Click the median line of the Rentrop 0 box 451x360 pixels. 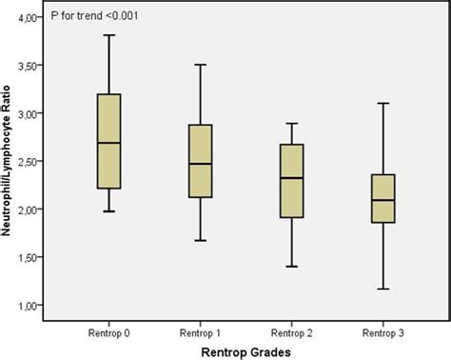(x=109, y=143)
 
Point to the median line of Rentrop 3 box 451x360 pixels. (x=382, y=200)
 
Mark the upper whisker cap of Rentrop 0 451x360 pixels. (x=109, y=35)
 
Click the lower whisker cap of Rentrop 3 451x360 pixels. (x=382, y=289)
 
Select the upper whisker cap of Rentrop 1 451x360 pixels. (x=200, y=65)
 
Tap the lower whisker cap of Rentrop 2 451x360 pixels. (x=291, y=267)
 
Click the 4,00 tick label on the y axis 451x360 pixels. (x=31, y=17)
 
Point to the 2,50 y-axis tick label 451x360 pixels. (x=31, y=161)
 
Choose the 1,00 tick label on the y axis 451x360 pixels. (x=31, y=305)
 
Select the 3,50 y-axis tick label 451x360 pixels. (x=31, y=65)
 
